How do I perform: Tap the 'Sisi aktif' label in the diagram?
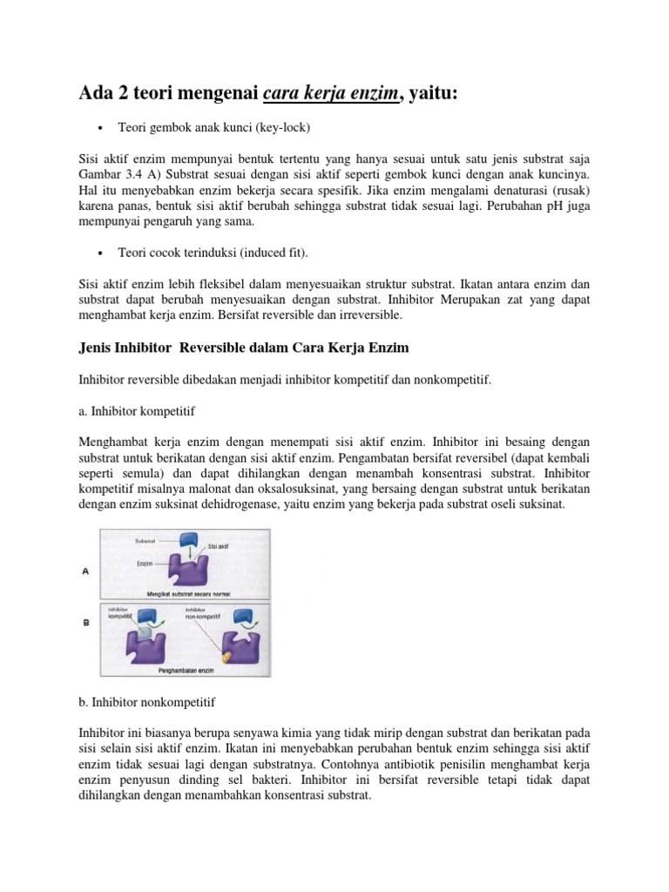coord(220,547)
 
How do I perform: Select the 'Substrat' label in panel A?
coord(145,541)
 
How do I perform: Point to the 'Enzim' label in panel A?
coord(145,564)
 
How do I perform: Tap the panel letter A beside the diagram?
coord(84,571)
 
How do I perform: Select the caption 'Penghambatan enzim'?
coord(186,672)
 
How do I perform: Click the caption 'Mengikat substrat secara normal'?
coord(187,593)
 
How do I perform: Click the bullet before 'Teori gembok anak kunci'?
coord(101,128)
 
